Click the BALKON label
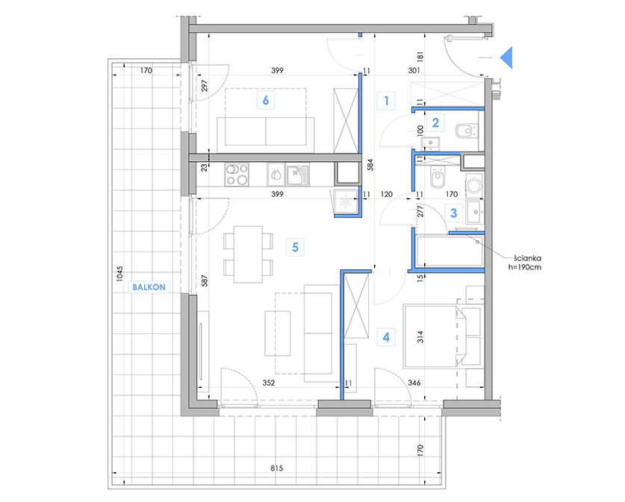pos(149,287)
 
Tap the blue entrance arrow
pos(506,57)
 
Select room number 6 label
pos(266,100)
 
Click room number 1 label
pos(386,101)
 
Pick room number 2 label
pos(435,122)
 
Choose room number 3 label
pos(453,213)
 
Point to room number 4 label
pos(386,337)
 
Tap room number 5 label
pos(295,247)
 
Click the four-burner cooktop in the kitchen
pos(237,175)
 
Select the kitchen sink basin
pos(297,175)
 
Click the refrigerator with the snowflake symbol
pos(345,201)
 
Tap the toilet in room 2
pos(465,131)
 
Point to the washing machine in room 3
pos(474,185)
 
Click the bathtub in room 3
pos(450,251)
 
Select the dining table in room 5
pos(248,254)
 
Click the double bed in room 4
pos(435,336)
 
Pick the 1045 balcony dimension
pos(119,274)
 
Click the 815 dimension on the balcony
pos(276,468)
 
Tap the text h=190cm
pos(524,267)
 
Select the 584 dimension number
pos(370,165)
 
